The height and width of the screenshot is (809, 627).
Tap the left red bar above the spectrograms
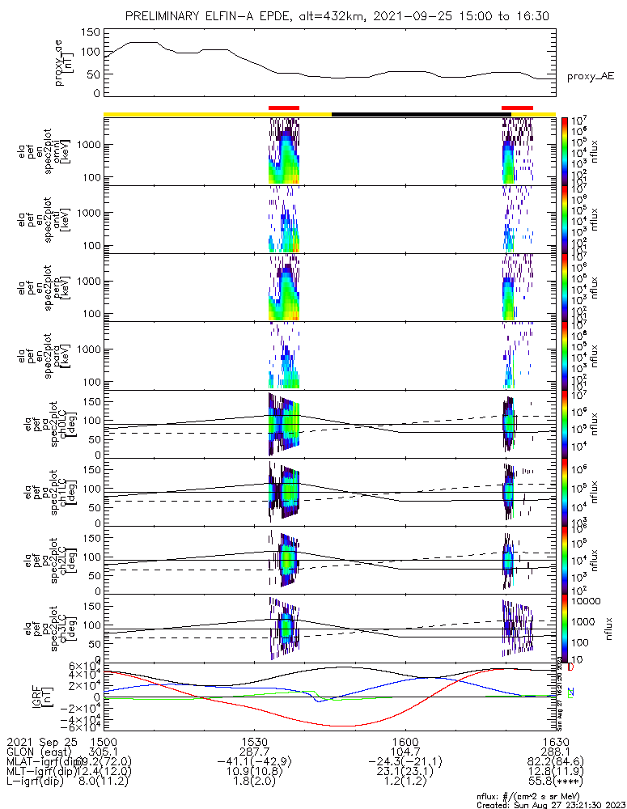click(x=283, y=108)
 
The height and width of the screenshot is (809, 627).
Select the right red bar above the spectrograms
click(x=517, y=108)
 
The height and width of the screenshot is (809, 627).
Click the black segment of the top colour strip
click(x=417, y=114)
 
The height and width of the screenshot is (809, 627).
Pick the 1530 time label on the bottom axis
click(x=254, y=741)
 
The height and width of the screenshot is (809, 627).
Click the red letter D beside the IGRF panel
click(x=570, y=667)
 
